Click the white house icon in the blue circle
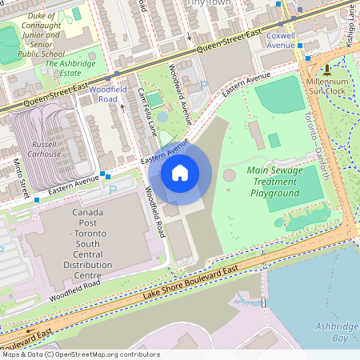tap(180, 172)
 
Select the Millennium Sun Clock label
tap(326, 86)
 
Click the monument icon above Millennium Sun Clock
tap(326, 70)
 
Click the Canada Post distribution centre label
tap(87, 245)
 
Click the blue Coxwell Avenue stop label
tap(280, 40)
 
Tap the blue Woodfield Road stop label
tap(104, 95)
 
